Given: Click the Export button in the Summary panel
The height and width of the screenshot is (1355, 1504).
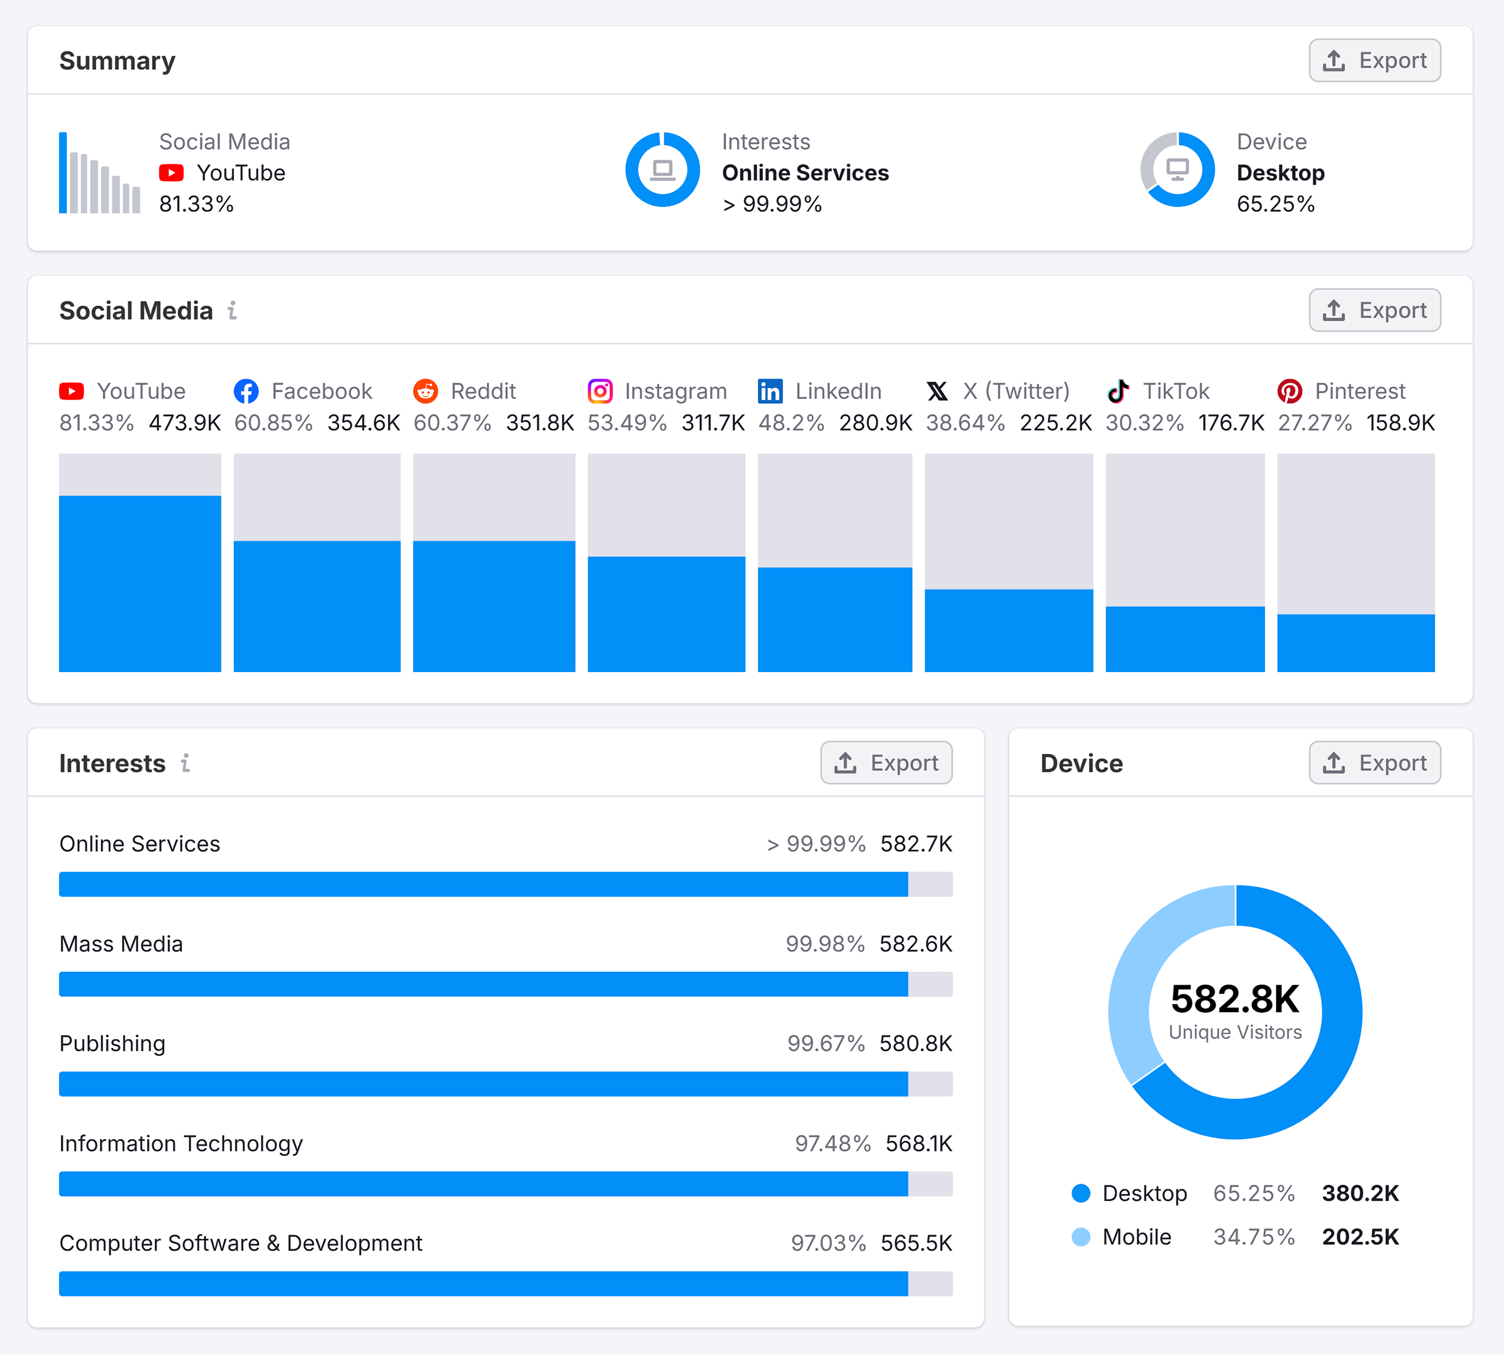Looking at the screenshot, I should (x=1375, y=60).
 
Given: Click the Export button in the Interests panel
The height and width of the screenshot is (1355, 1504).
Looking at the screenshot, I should (x=886, y=762).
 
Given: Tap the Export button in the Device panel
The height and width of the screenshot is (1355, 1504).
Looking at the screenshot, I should (x=1375, y=762).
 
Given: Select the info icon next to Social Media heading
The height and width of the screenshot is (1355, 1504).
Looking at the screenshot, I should (x=232, y=310).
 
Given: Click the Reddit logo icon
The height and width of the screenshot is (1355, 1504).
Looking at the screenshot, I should (x=425, y=391).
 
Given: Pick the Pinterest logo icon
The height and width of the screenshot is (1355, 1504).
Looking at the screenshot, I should (x=1290, y=391).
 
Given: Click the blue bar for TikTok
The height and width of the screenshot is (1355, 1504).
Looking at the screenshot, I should (x=1185, y=639).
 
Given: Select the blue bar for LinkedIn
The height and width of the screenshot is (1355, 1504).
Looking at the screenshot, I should (x=834, y=619).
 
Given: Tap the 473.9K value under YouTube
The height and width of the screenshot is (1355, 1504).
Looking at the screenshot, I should (x=185, y=423).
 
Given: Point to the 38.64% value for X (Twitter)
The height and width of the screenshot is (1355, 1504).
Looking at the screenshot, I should (x=965, y=423).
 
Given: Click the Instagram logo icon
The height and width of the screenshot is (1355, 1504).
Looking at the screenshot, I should (x=600, y=391).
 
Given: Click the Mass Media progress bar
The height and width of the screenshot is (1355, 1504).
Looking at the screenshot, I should (x=484, y=984).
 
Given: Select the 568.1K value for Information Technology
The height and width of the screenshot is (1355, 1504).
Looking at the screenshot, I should (x=919, y=1144).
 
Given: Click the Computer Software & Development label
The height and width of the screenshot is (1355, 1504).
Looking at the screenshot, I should (x=241, y=1243).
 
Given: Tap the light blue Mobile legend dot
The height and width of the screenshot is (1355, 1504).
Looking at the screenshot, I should (x=1080, y=1237).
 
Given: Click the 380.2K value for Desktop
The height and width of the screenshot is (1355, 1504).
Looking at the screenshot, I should (x=1360, y=1193).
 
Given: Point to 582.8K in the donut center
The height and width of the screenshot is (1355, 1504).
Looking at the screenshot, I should (x=1235, y=999).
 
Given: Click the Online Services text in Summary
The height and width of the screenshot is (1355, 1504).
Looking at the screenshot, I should (x=805, y=173).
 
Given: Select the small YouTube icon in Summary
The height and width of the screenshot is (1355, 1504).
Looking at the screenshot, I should (x=171, y=173).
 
